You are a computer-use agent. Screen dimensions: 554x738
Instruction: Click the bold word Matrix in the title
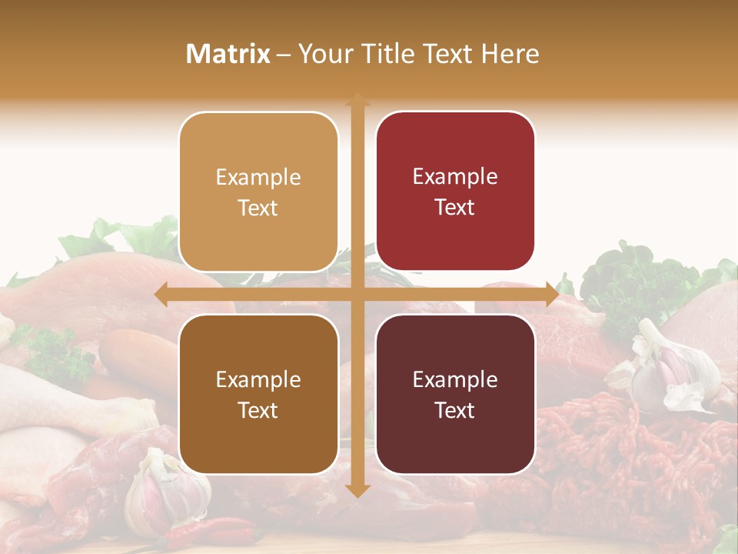point(228,54)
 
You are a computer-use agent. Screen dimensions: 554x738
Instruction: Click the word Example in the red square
point(455,177)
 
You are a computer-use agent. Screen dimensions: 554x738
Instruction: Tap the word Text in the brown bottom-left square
point(258,410)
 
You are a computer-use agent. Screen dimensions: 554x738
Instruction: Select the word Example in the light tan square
point(258,178)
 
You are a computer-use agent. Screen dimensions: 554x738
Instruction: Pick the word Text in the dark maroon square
point(455,410)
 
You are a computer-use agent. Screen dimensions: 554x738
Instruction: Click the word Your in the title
point(323,54)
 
